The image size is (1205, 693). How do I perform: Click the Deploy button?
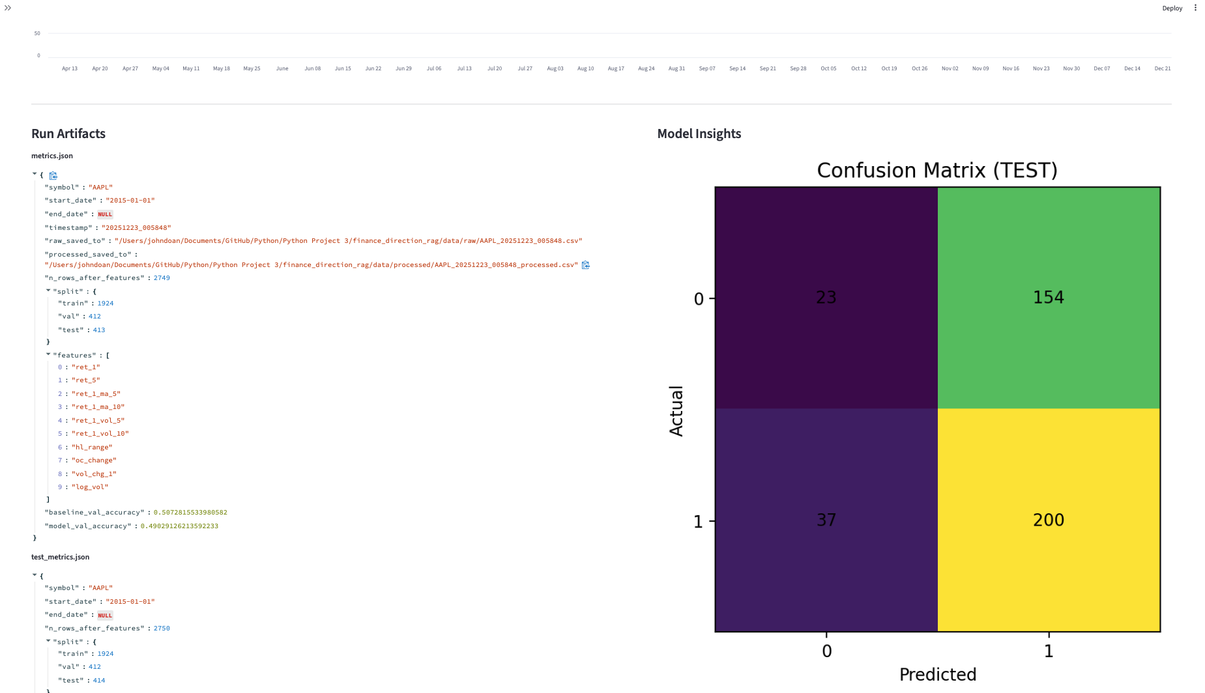click(x=1172, y=8)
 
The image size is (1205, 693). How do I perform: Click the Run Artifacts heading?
click(x=68, y=134)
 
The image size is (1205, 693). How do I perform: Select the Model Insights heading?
click(x=699, y=134)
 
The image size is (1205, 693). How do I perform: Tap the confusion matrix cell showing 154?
click(x=1048, y=298)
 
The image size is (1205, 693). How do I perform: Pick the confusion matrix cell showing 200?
click(x=1048, y=520)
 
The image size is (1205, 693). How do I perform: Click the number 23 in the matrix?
click(x=826, y=298)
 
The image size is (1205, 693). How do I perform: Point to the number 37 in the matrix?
click(x=826, y=520)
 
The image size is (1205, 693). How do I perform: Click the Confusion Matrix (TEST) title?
click(x=936, y=171)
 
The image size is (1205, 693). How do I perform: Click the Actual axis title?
click(x=676, y=410)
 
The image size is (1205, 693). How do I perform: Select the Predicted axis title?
click(x=937, y=674)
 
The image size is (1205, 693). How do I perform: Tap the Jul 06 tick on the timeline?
click(x=434, y=68)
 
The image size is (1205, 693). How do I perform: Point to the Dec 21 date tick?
click(x=1162, y=68)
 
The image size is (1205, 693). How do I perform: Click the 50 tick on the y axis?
click(x=37, y=33)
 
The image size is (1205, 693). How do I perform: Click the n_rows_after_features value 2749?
click(x=162, y=278)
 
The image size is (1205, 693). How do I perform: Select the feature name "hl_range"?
click(x=92, y=447)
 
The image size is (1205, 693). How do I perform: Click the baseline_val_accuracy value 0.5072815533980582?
click(x=190, y=513)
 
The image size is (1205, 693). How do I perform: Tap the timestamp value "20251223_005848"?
click(x=136, y=228)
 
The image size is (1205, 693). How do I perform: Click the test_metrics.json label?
click(x=60, y=557)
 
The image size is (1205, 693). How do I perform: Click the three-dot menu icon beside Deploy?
click(x=1195, y=8)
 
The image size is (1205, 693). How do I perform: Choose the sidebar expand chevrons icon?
click(x=8, y=8)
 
